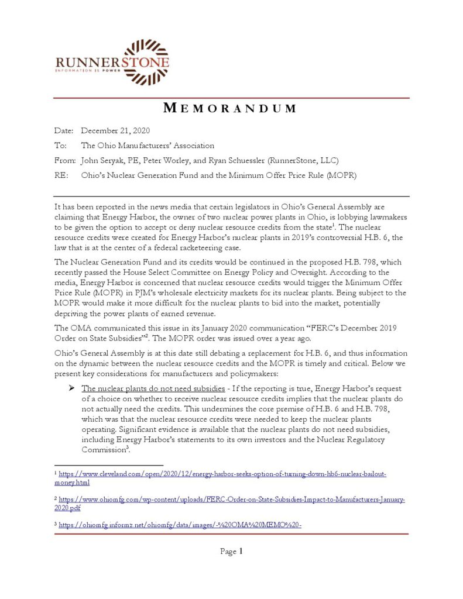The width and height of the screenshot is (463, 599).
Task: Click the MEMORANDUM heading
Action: tap(230, 108)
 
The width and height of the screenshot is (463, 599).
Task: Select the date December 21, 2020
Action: tap(115, 130)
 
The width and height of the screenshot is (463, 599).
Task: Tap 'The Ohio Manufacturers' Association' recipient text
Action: tap(148, 145)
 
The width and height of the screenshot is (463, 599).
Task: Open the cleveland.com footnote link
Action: tap(222, 478)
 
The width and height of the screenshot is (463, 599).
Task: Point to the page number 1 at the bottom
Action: tap(240, 551)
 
